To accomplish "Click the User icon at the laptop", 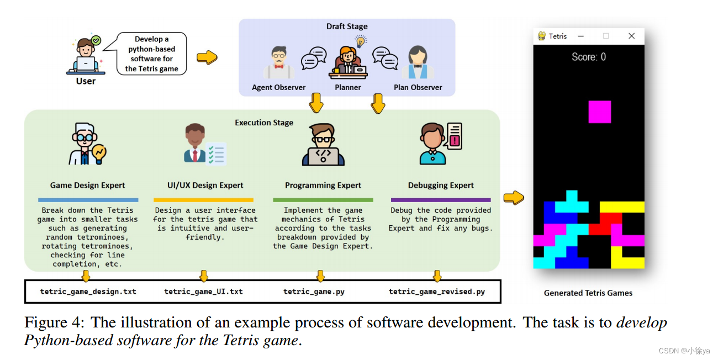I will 86,56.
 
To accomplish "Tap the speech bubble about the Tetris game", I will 152,54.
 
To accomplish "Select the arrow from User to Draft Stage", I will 207,57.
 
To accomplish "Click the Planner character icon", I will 348,62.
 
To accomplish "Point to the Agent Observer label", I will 278,87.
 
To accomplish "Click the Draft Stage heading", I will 347,27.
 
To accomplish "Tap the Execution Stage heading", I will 264,123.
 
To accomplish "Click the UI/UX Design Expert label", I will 205,186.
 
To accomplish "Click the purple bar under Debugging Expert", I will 441,200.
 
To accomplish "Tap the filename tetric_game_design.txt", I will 88,292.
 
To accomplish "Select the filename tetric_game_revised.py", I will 437,292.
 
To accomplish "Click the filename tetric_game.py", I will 314,292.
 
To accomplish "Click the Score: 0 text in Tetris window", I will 588,57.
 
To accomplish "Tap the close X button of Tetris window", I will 631,36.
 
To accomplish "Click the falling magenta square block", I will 599,112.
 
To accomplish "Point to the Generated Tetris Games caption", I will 588,293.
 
